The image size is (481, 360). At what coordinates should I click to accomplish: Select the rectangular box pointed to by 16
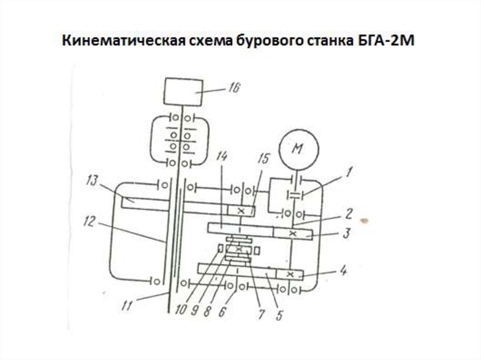[183, 91]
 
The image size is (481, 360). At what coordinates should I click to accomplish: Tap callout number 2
[348, 214]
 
